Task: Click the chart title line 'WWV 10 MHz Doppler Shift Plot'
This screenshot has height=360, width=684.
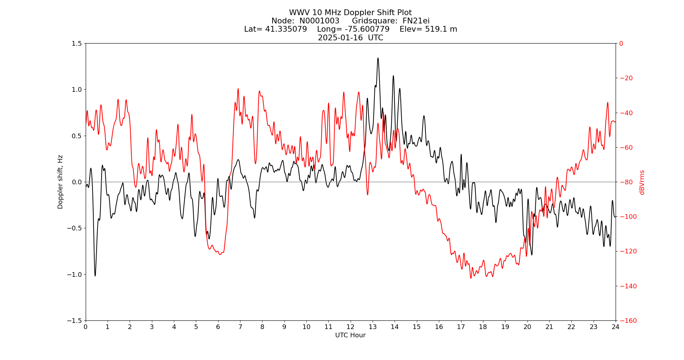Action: [x=350, y=13]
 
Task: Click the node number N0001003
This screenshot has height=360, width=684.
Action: [x=319, y=21]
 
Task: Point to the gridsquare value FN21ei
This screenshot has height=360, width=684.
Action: [x=416, y=21]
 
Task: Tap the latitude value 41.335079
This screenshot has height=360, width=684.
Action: [x=286, y=29]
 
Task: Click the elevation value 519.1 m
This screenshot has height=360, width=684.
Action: [x=441, y=29]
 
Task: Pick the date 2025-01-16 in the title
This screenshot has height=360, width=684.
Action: [x=340, y=38]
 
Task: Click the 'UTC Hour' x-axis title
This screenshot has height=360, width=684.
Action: [x=350, y=335]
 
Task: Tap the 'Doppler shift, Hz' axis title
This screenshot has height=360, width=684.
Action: [x=60, y=182]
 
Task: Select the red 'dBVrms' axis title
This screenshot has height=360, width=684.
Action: [x=642, y=182]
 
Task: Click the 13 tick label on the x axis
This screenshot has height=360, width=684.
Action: [x=373, y=327]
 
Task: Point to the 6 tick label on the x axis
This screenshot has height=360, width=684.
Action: [x=218, y=327]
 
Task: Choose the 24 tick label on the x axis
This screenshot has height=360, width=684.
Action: [x=616, y=327]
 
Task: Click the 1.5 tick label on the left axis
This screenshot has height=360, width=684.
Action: [x=77, y=44]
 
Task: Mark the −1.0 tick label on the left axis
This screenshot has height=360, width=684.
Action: [x=75, y=274]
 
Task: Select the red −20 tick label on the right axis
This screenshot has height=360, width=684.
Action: [x=626, y=78]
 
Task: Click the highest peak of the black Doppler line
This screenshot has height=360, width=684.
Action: [x=378, y=58]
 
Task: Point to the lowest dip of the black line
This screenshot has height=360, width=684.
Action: [x=95, y=276]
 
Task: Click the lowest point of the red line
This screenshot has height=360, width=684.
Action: [x=471, y=278]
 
